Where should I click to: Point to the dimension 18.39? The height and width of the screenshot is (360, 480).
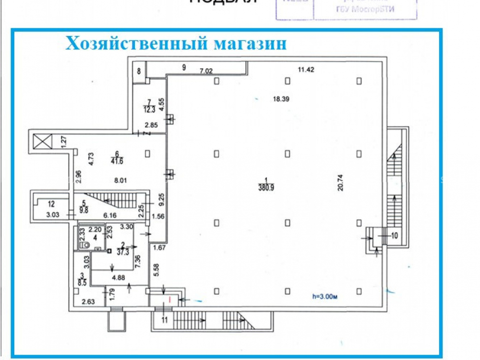[x=280, y=99]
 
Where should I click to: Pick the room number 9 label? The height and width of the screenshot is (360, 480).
[x=184, y=68]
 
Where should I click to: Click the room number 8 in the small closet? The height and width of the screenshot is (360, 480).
[x=139, y=72]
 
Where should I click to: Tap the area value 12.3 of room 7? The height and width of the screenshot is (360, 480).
[x=149, y=109]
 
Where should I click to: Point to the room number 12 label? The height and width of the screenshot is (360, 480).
[x=51, y=203]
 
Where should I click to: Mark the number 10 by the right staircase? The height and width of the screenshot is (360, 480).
[x=395, y=236]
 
